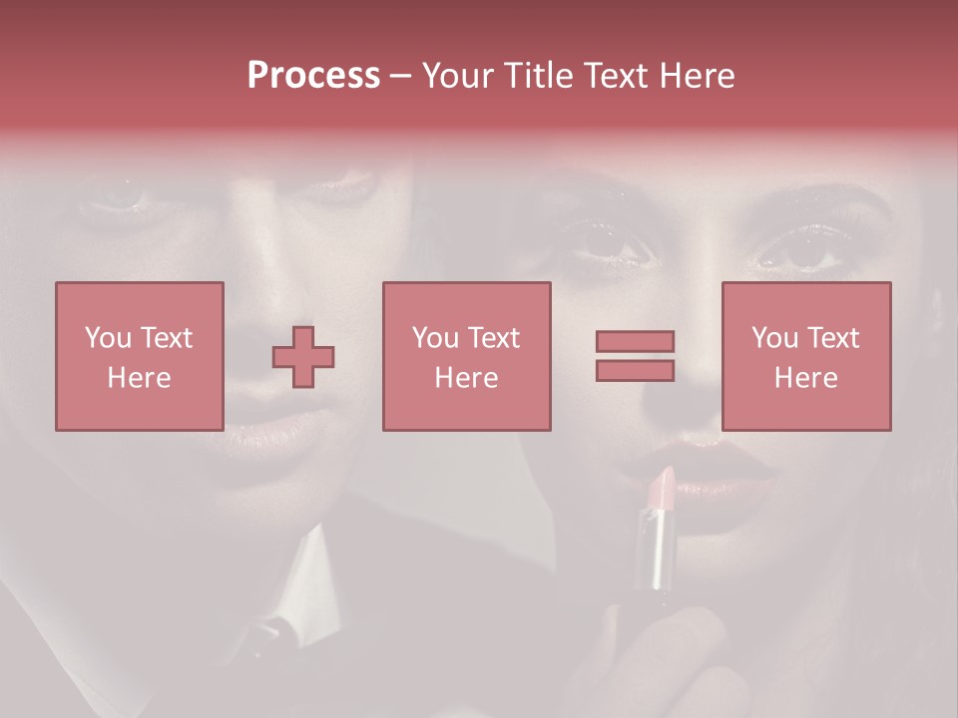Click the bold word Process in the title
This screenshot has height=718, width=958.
tap(313, 76)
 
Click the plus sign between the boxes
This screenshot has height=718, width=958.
tap(303, 356)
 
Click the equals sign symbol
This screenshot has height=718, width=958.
tap(635, 356)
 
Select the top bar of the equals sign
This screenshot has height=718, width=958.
tap(635, 341)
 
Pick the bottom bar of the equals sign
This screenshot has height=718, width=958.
tap(635, 371)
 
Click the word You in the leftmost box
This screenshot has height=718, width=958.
tap(107, 338)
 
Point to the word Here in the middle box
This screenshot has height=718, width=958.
tap(466, 378)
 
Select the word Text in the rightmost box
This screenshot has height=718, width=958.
tap(833, 338)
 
